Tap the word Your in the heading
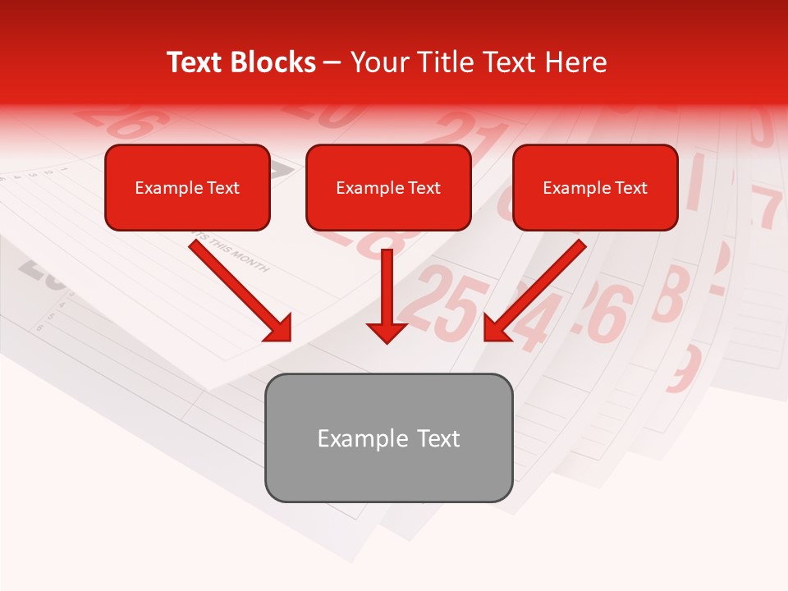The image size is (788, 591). point(377,62)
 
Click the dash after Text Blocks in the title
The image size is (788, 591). point(333,63)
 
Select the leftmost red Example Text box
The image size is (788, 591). point(187,187)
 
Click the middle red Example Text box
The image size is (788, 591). point(388,187)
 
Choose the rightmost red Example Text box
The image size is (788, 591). point(595,187)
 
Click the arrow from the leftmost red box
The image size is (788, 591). point(238,287)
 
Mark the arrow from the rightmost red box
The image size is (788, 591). point(538,287)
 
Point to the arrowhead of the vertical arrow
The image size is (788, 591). point(387,332)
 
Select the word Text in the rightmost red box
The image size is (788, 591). point(630,187)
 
